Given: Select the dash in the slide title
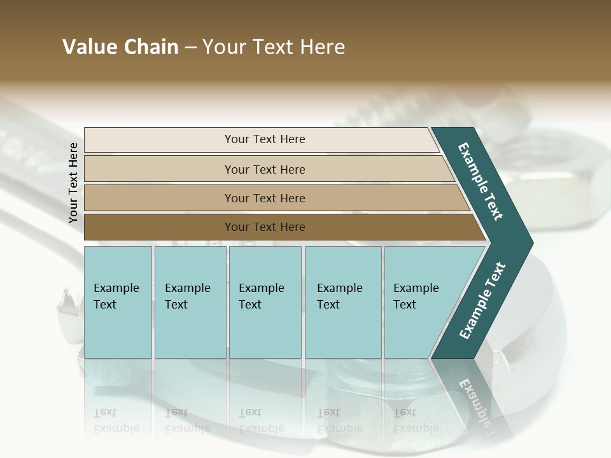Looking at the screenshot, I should [190, 48].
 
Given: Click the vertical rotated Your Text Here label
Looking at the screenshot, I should [73, 183].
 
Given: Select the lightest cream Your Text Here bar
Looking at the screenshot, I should [264, 139].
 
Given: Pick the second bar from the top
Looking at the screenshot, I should [264, 169].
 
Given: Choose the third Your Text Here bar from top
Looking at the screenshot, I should [264, 198].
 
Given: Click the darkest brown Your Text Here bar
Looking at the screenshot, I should [264, 227].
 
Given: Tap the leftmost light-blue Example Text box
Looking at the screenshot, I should [118, 302].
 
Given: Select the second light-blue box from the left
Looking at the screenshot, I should [190, 302].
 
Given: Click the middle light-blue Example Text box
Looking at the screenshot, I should [265, 302].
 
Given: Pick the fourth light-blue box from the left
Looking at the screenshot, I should [343, 302].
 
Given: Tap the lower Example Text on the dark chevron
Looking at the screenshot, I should [482, 300].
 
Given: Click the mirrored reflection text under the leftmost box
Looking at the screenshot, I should [116, 420].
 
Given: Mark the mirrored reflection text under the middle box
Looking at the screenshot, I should [261, 420].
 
